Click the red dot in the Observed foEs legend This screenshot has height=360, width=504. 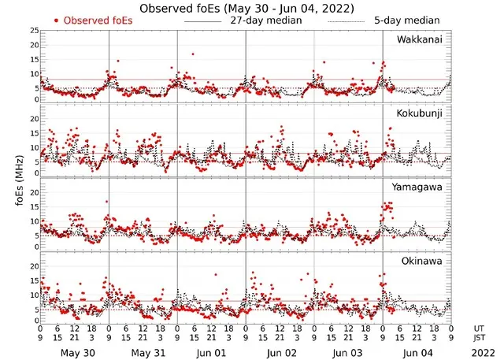(56, 20)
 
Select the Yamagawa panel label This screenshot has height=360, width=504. (420, 187)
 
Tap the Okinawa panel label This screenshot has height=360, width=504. (424, 261)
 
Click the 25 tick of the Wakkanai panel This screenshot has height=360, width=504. (34, 30)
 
